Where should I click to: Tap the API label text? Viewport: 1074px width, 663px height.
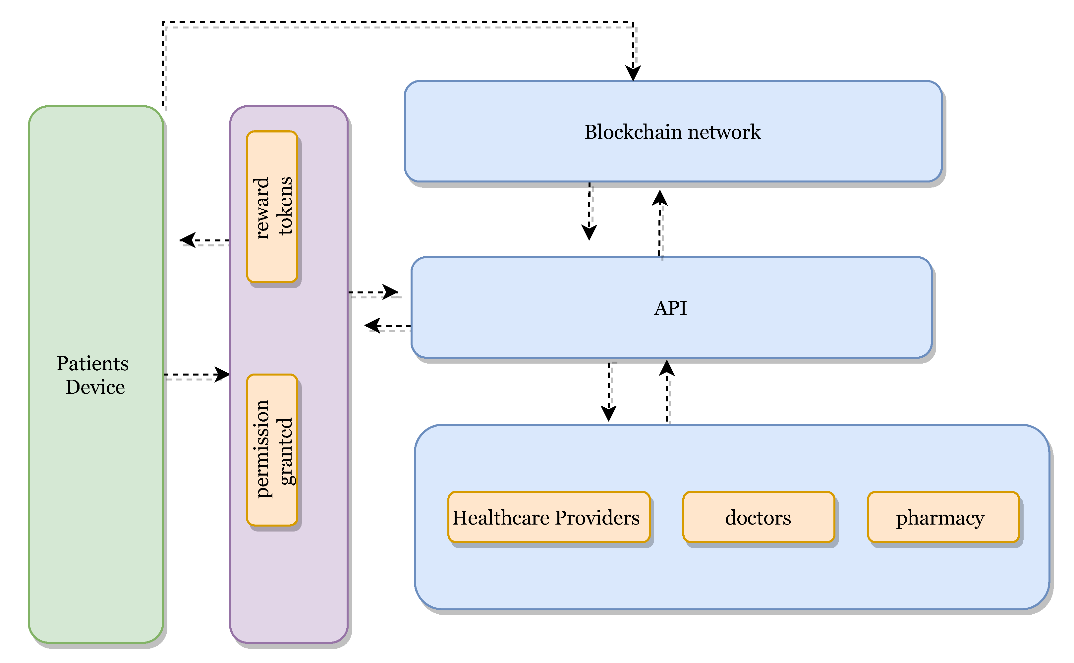click(x=670, y=308)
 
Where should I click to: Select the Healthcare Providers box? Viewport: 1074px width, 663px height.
click(x=548, y=517)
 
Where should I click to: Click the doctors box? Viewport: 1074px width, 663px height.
click(x=758, y=517)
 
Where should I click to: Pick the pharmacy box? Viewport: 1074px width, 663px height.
click(x=943, y=517)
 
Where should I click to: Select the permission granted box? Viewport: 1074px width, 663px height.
click(x=272, y=450)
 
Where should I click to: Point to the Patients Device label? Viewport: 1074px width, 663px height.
click(x=93, y=375)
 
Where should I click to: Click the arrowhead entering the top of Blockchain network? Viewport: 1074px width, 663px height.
click(x=633, y=74)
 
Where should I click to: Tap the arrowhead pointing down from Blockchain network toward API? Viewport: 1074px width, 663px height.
click(x=589, y=233)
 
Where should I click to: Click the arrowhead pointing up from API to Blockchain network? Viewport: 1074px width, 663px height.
click(x=659, y=198)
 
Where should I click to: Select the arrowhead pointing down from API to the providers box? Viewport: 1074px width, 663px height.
click(x=608, y=414)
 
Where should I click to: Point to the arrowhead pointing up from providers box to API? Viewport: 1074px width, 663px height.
click(x=667, y=368)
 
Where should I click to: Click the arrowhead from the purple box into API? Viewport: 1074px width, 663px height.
click(x=390, y=292)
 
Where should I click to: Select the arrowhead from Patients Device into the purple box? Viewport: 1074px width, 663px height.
click(x=222, y=375)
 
